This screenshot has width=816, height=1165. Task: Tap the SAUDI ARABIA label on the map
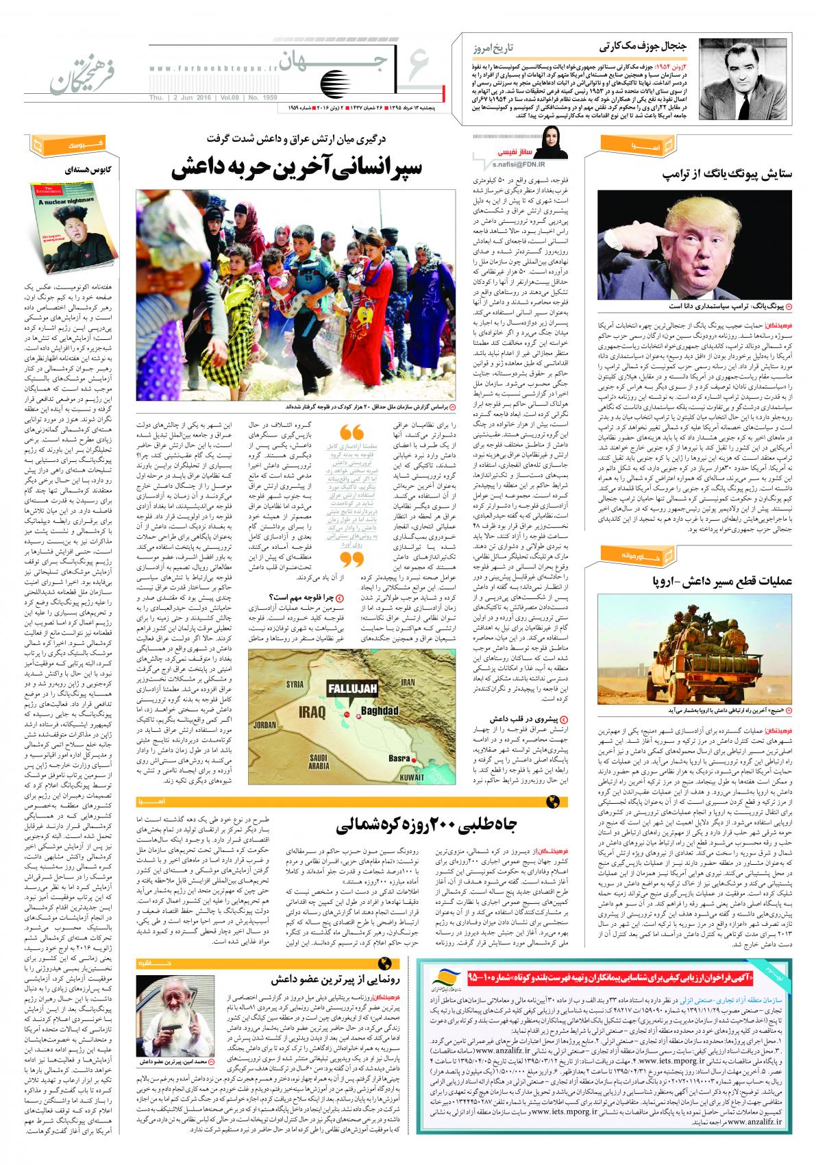click(x=321, y=761)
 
